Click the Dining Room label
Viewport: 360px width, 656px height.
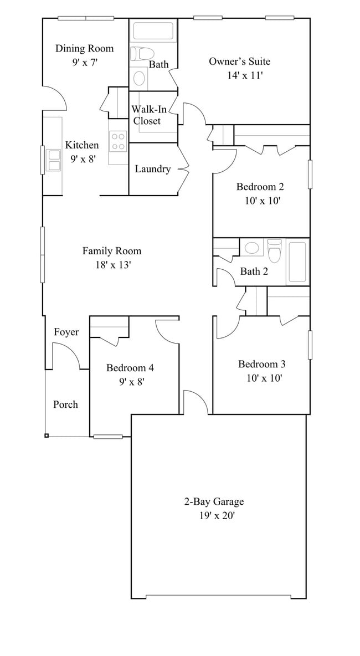84,48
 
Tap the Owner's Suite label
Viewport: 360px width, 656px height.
239,61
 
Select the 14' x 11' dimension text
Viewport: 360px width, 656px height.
244,75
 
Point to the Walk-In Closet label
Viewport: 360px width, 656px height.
146,115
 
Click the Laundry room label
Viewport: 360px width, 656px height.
152,169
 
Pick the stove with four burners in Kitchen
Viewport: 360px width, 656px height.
118,141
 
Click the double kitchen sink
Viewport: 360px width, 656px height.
54,160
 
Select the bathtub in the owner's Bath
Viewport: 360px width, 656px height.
153,30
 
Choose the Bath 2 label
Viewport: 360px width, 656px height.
254,271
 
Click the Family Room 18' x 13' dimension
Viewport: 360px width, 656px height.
112,265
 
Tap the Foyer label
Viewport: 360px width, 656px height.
66,332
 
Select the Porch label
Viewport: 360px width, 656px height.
65,404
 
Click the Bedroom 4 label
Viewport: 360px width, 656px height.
130,368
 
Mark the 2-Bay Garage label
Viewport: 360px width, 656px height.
214,502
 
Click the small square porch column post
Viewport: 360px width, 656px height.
47,435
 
